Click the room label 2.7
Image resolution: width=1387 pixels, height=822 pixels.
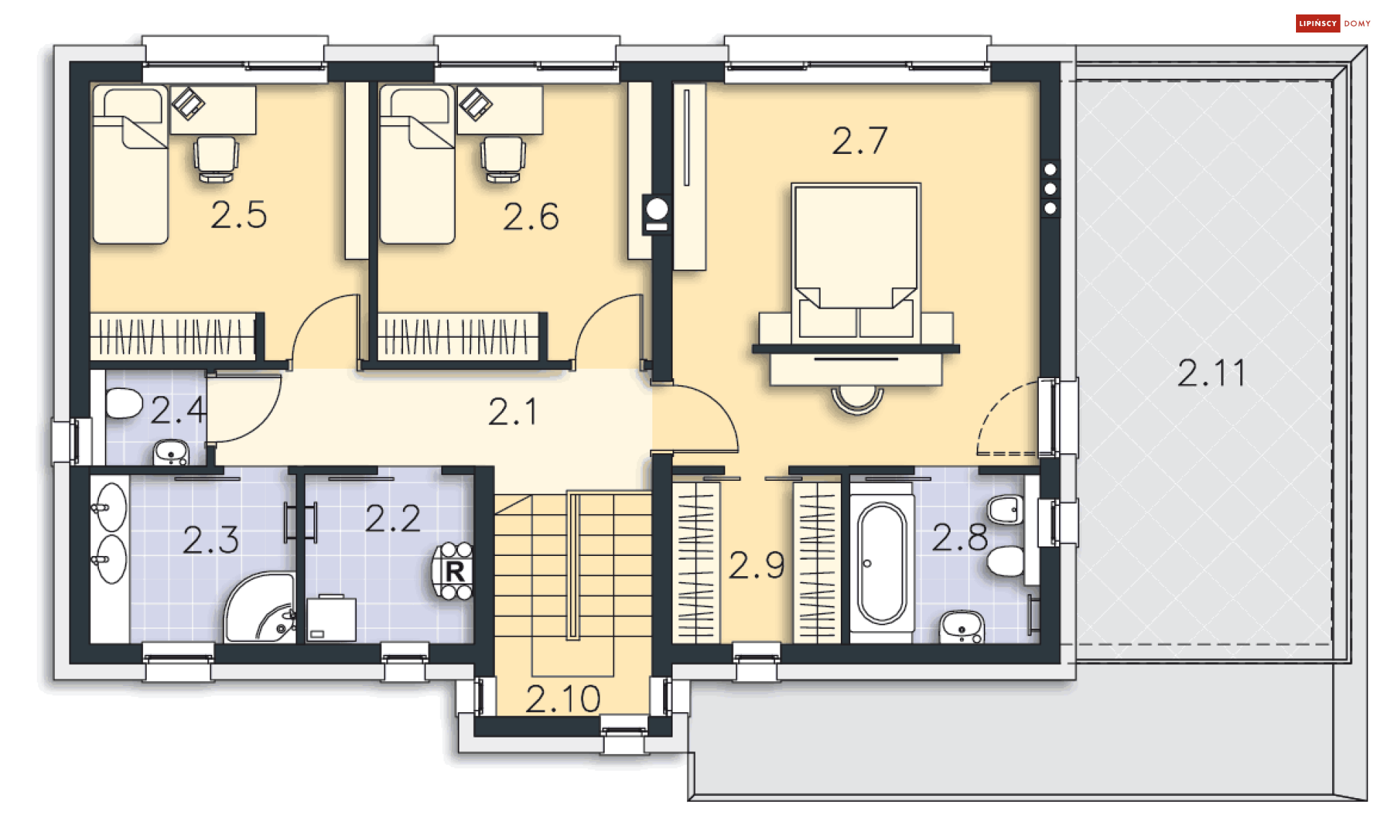pos(859,141)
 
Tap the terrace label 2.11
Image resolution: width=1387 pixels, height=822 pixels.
pos(1211,373)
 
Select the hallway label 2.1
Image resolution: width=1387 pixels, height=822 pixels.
pos(512,412)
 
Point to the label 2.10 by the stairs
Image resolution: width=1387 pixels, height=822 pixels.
pos(563,699)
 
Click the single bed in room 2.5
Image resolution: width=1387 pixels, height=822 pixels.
pos(130,164)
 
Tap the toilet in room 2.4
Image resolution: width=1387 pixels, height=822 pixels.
pos(124,403)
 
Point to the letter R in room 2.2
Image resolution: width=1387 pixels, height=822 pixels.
pos(455,572)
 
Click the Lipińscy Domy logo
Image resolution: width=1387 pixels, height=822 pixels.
pos(1333,23)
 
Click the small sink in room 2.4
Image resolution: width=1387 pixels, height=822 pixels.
pos(170,453)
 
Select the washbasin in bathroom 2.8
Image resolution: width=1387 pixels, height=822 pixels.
pos(962,628)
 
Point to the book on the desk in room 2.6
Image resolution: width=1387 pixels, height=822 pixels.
pos(475,103)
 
